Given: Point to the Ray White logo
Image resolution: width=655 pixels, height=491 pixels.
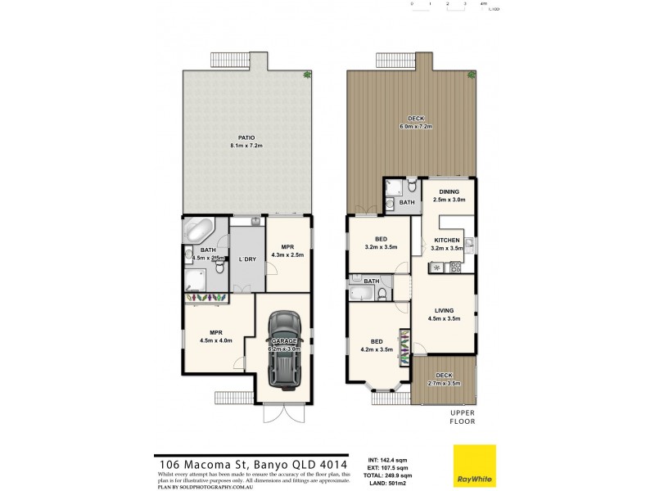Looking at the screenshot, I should coord(474,463).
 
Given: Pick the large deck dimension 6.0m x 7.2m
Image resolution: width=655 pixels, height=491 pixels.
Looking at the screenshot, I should coord(415,127).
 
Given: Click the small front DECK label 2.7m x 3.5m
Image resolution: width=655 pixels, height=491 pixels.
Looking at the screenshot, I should coord(445,382).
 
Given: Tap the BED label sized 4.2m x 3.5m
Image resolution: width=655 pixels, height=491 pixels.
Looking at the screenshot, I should coord(377,348).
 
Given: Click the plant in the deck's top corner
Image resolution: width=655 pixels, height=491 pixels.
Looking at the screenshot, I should coord(472,74).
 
